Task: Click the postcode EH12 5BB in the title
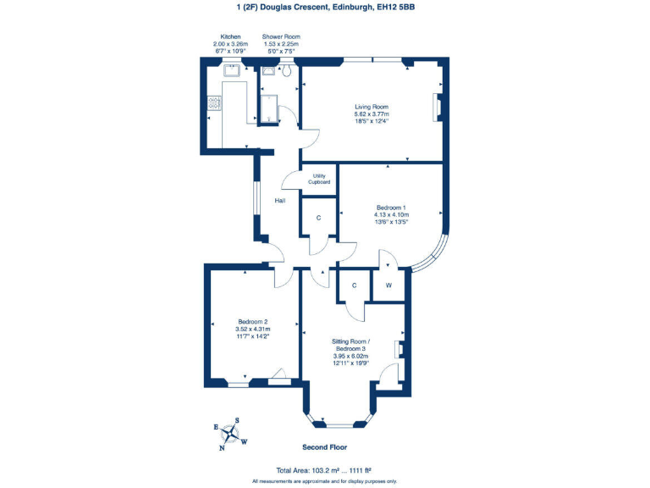coord(396,8)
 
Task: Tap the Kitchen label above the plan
coord(231,37)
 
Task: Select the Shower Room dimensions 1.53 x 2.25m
coord(280,44)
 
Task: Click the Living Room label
coord(372,107)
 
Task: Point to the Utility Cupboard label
coord(319,179)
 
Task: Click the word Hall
coord(279,201)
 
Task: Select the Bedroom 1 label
coord(391,208)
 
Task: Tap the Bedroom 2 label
coord(252,321)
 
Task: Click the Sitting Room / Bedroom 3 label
coord(350,345)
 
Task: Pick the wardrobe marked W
coord(389,286)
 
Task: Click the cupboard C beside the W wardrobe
coord(355,286)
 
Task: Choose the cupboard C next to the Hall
coord(318,218)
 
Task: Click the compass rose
coord(229,433)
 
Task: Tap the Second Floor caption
coord(324,446)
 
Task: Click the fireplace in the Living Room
coord(437,108)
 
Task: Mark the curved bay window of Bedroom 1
coord(435,252)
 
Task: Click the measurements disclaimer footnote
coord(324,480)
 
